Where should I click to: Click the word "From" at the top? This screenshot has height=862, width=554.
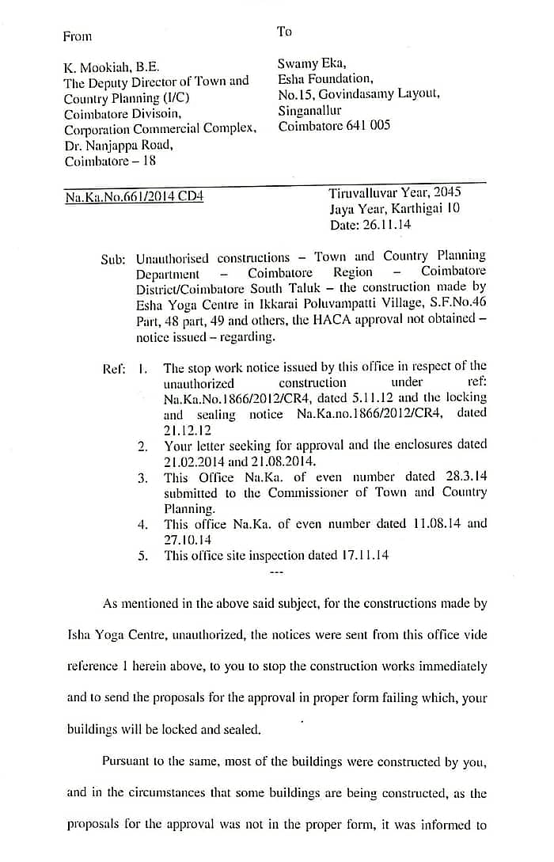78,36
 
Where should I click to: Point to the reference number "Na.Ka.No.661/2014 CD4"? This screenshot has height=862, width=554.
134,196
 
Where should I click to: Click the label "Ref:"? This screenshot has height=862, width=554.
114,369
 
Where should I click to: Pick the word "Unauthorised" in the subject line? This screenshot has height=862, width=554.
173,258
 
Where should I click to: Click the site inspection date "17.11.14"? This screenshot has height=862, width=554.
362,555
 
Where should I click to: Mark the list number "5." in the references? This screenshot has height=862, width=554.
142,556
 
